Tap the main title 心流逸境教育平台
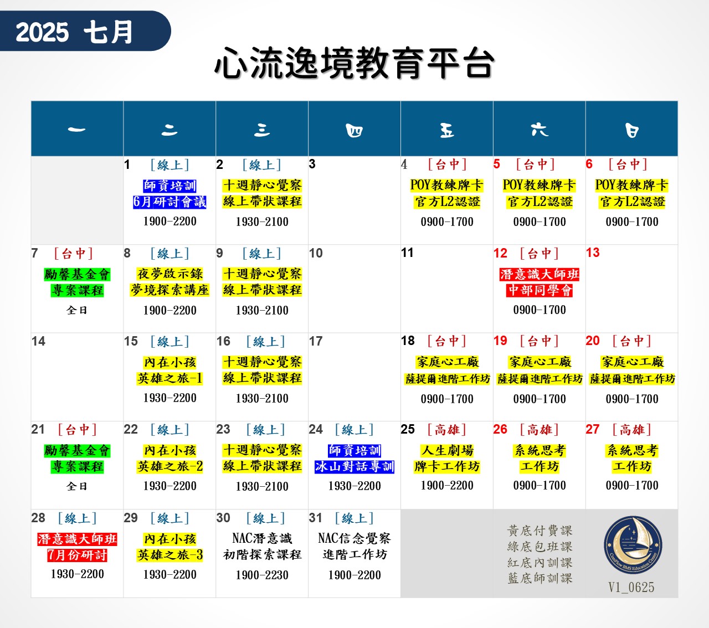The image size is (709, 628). click(x=354, y=64)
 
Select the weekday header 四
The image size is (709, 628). click(x=354, y=130)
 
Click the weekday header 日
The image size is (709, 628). click(x=631, y=130)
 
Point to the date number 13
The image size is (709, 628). click(x=593, y=253)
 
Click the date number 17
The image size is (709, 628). click(x=316, y=341)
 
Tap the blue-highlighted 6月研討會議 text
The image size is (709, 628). click(x=169, y=202)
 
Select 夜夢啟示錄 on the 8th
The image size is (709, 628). click(x=169, y=274)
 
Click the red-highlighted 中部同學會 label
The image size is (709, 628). click(x=540, y=290)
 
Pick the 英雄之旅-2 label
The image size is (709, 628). click(x=169, y=467)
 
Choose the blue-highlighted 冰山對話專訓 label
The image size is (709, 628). click(x=354, y=467)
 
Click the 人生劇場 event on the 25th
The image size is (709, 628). click(x=447, y=451)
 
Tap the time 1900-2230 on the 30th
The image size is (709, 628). click(x=262, y=575)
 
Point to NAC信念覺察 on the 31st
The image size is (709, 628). click(x=354, y=538)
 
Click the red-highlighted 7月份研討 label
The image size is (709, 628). click(x=78, y=555)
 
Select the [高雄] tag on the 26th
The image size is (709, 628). click(x=540, y=430)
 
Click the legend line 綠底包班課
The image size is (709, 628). click(x=540, y=547)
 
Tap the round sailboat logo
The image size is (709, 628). click(x=633, y=545)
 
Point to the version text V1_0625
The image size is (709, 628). click(x=631, y=588)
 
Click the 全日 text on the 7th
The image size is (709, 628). click(x=77, y=310)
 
